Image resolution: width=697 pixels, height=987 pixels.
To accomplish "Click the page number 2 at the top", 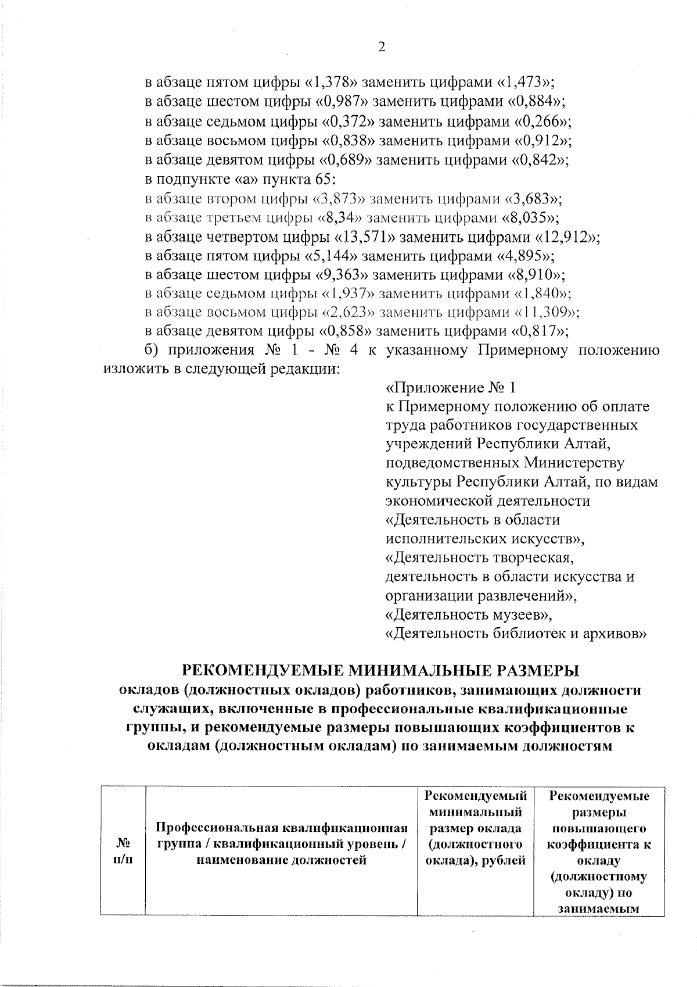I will click(x=382, y=48).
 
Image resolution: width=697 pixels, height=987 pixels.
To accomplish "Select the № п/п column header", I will click(x=122, y=850).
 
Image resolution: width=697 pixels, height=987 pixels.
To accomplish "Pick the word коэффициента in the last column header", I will click(x=599, y=844).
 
